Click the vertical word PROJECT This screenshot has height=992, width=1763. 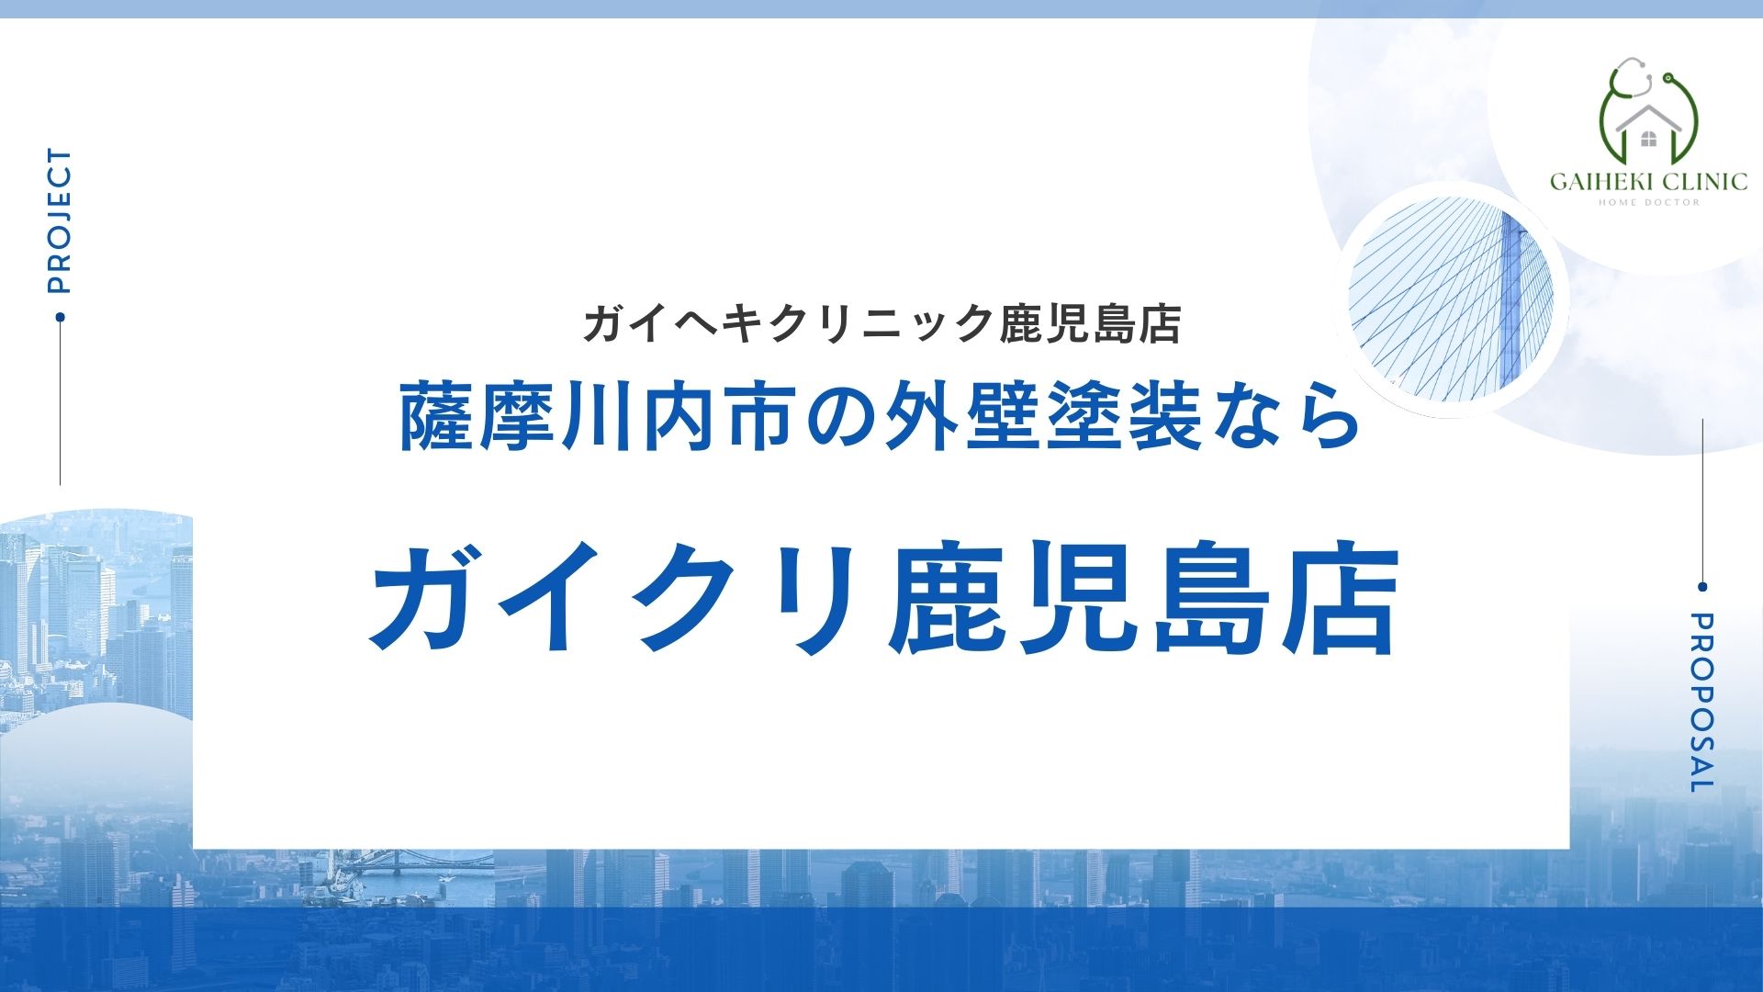pos(59,221)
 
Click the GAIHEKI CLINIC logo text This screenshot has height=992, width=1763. pos(1648,181)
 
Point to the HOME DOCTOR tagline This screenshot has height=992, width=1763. pos(1649,203)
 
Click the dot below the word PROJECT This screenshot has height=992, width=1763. pos(60,317)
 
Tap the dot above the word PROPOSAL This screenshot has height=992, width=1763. pos(1702,587)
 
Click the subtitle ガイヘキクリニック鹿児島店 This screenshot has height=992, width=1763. pos(881,323)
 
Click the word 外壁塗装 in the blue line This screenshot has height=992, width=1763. pos(1042,418)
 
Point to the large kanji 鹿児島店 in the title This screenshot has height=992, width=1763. pos(1143,597)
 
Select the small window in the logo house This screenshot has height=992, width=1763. pos(1649,140)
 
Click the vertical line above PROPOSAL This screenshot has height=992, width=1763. pos(1702,501)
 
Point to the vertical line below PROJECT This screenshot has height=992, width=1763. pos(60,404)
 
